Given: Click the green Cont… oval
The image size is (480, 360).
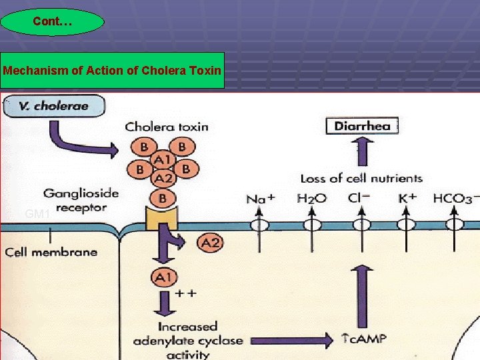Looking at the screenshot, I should coord(53,22).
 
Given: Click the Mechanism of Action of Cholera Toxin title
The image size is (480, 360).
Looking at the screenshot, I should coord(112,70).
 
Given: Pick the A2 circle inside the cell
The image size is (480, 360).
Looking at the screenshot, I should coord(210,243).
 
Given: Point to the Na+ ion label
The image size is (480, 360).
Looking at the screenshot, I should coord(260,199).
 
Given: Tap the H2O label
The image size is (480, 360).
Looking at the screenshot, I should coord(311,199).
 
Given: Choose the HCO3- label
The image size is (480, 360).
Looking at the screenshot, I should coord(455,199).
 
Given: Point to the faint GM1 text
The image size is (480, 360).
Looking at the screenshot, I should coord(38,214).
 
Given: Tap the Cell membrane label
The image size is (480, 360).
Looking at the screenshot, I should coord(51,252).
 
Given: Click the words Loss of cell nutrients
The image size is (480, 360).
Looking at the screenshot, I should coord(361,178).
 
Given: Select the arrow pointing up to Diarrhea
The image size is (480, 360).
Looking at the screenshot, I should coord(361,152).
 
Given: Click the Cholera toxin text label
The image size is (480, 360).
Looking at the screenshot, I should coord(166,126).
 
